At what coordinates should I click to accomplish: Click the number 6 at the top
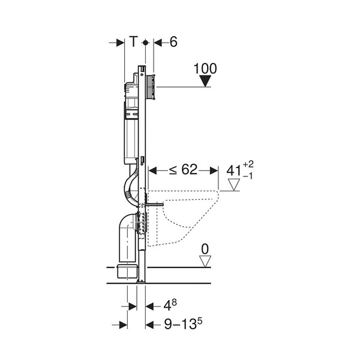point(173,42)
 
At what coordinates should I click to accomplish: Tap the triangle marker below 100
point(206,82)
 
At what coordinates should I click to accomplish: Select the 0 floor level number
point(206,248)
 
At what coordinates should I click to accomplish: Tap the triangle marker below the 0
point(206,261)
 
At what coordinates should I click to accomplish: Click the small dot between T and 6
point(145,43)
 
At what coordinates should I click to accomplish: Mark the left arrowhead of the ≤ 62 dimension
point(152,170)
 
